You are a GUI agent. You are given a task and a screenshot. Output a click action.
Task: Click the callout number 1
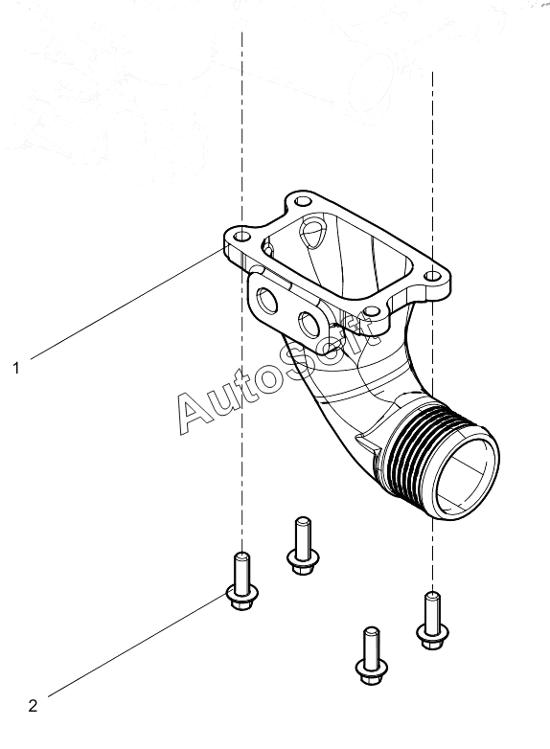click(x=16, y=369)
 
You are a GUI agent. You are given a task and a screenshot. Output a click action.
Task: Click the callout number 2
click(x=33, y=706)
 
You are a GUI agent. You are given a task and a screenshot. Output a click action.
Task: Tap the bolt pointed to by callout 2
click(x=242, y=581)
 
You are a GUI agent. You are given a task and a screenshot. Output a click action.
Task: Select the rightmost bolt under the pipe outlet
click(x=432, y=620)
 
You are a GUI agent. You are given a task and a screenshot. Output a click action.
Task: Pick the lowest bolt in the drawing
click(x=372, y=656)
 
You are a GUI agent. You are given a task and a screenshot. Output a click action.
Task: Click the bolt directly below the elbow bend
click(x=303, y=546)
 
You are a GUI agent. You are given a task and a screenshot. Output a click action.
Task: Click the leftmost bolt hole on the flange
click(x=242, y=236)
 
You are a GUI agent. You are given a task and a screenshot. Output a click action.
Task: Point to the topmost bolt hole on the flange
click(x=301, y=201)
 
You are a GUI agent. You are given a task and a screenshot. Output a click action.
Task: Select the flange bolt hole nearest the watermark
click(x=368, y=311)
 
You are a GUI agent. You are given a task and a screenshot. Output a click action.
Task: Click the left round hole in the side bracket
click(x=264, y=301)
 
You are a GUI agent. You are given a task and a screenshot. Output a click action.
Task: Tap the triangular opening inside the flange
click(x=311, y=233)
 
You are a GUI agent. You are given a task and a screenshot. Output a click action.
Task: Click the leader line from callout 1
click(x=127, y=304)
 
